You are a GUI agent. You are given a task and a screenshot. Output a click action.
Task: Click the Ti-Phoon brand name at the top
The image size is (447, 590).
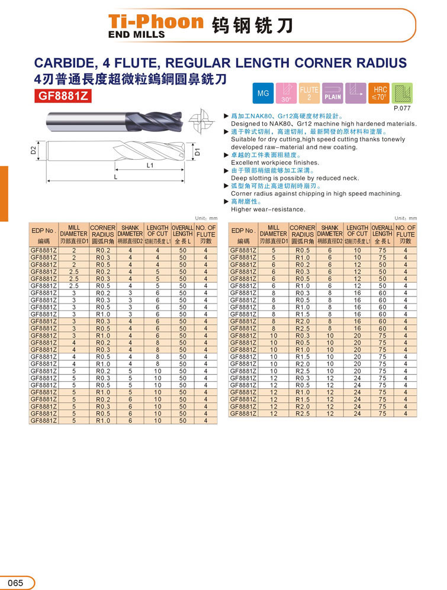(156, 22)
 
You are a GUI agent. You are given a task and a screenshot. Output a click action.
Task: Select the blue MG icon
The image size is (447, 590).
(263, 94)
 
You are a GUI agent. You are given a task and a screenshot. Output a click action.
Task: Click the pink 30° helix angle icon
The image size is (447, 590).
(286, 94)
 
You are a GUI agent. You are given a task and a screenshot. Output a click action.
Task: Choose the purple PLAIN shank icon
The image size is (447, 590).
(333, 94)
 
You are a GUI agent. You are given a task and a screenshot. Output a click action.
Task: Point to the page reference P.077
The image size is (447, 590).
(402, 108)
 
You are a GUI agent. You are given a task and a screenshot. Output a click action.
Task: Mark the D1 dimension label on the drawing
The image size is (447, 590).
(198, 151)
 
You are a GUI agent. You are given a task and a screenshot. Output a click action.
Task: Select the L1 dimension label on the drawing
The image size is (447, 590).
(150, 166)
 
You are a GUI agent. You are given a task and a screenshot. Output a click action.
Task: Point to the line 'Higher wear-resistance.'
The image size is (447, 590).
(268, 209)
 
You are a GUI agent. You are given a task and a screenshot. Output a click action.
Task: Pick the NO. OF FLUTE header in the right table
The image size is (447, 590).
(406, 234)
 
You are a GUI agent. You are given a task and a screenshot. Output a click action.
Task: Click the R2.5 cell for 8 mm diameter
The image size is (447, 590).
(302, 328)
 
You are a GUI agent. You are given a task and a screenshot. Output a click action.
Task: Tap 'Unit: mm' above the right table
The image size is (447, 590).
(406, 218)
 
